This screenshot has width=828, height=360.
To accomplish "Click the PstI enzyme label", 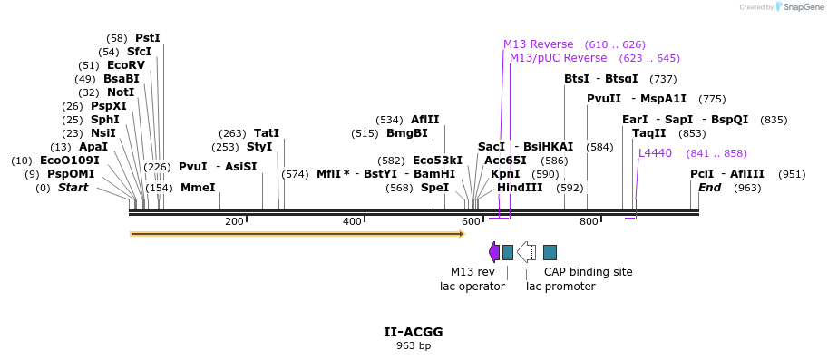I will pyautogui.click(x=147, y=38).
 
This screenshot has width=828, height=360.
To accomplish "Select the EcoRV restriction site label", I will pyautogui.click(x=125, y=65).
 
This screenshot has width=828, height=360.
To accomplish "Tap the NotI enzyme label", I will pyautogui.click(x=120, y=92).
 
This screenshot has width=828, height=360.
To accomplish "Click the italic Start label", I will pyautogui.click(x=73, y=188).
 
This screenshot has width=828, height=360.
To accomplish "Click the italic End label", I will pyautogui.click(x=709, y=188).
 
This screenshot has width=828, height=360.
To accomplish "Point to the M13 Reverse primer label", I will pyautogui.click(x=539, y=44).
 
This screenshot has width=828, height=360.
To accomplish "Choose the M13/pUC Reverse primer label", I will pyautogui.click(x=558, y=58).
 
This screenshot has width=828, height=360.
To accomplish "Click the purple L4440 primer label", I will pyautogui.click(x=655, y=153).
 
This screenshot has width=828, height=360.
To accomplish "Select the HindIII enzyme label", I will pyautogui.click(x=520, y=188).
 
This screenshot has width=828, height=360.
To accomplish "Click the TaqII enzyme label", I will pyautogui.click(x=648, y=133).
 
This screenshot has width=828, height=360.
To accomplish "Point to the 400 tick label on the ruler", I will pyautogui.click(x=352, y=222).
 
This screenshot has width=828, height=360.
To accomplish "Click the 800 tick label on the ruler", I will pyautogui.click(x=589, y=222).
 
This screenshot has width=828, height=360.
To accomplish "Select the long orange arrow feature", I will pyautogui.click(x=297, y=234).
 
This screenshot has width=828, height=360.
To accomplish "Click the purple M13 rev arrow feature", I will pyautogui.click(x=494, y=252).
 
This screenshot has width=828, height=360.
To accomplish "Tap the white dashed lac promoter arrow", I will pyautogui.click(x=526, y=252).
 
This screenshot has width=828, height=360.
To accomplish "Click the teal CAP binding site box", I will pyautogui.click(x=550, y=252).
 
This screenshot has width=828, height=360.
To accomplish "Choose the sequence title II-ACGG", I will pyautogui.click(x=413, y=332).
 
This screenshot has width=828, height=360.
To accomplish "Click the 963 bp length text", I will pyautogui.click(x=413, y=345).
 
